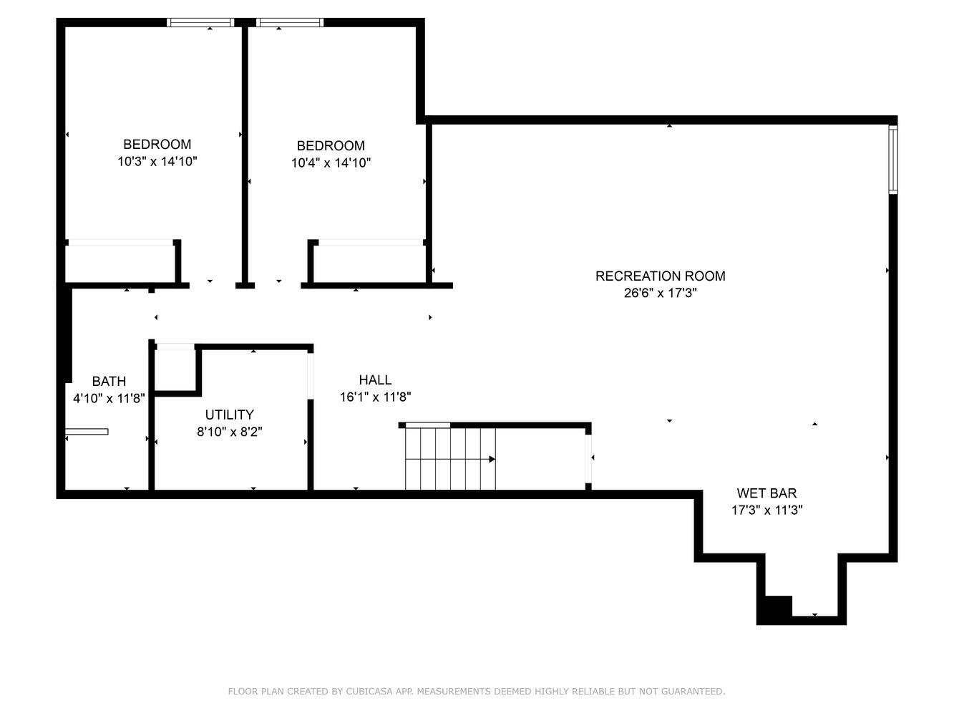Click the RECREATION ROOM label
coord(660,276)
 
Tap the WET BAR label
coord(766,493)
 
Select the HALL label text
coord(375,379)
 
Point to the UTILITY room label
coord(230,415)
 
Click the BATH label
coord(109,381)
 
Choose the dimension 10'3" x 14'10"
coord(157,162)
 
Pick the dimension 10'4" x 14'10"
coord(331,163)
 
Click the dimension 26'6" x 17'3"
coord(660,293)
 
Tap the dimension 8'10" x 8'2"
coord(230,432)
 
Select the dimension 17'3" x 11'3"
coord(766,510)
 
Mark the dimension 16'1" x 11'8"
coord(375,397)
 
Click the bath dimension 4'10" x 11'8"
coord(109,398)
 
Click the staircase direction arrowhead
coord(492,459)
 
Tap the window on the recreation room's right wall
coord(893,159)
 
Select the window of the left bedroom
coord(200,23)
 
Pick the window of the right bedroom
coord(290,23)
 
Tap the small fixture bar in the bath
coord(87,432)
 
